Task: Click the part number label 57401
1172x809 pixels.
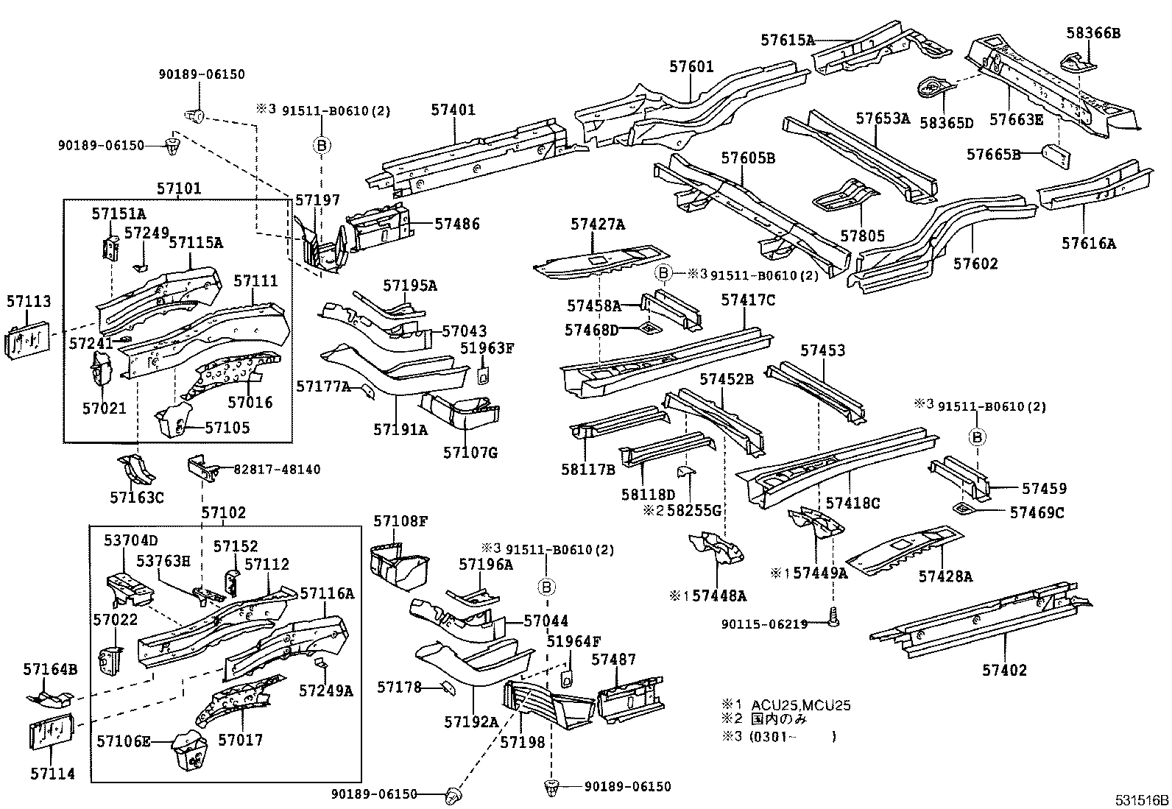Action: pyautogui.click(x=453, y=110)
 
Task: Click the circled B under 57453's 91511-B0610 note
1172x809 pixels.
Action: pyautogui.click(x=977, y=437)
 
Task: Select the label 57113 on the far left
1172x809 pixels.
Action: pyautogui.click(x=29, y=301)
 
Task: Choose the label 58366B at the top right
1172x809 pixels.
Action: pyautogui.click(x=1093, y=32)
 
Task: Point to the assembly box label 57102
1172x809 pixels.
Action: pyautogui.click(x=223, y=513)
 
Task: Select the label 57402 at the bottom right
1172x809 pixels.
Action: pyautogui.click(x=1004, y=670)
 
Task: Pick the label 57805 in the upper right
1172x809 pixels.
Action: pyautogui.click(x=862, y=236)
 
